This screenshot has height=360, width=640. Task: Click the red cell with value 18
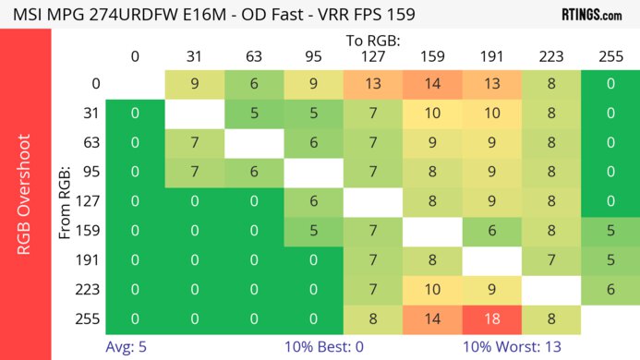491,318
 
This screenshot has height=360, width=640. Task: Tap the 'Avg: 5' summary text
127,347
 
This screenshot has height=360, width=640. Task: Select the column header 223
550,56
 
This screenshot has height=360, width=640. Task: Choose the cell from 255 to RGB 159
432,318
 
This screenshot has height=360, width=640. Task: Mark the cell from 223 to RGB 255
610,290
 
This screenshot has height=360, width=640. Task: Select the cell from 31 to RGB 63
254,114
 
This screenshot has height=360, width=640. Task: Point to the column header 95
313,56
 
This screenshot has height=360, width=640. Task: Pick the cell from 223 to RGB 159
432,290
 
